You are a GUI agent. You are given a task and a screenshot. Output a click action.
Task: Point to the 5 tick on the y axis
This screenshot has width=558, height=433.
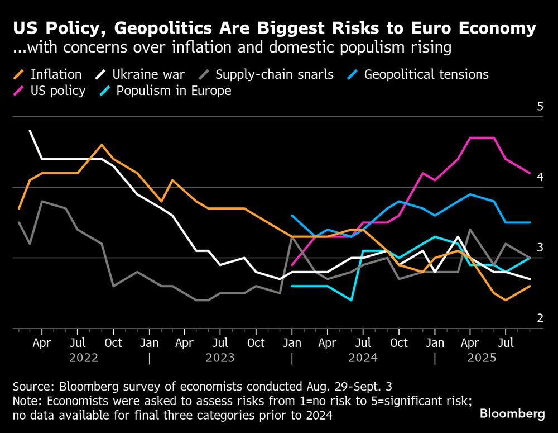(x=540, y=107)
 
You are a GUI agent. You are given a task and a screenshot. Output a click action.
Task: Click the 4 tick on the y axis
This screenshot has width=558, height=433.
(x=540, y=177)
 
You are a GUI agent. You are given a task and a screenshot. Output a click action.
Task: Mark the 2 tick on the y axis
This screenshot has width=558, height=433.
(x=540, y=318)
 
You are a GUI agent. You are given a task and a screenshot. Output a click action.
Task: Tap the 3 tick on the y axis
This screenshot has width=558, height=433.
(x=540, y=248)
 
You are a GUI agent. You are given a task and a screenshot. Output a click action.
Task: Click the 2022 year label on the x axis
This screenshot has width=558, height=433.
(x=84, y=358)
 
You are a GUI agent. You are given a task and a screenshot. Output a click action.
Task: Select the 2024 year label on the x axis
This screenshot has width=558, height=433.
(x=363, y=358)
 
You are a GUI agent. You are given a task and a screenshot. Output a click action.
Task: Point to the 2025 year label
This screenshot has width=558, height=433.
(x=481, y=358)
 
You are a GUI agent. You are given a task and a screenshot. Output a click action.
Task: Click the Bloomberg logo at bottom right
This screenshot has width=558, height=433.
(x=512, y=414)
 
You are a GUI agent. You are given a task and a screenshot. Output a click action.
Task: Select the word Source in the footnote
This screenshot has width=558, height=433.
(x=32, y=387)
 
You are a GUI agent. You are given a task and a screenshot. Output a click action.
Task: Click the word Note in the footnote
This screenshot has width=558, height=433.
(x=26, y=401)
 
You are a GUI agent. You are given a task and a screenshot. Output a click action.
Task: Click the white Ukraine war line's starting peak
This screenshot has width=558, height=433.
(x=30, y=131)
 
